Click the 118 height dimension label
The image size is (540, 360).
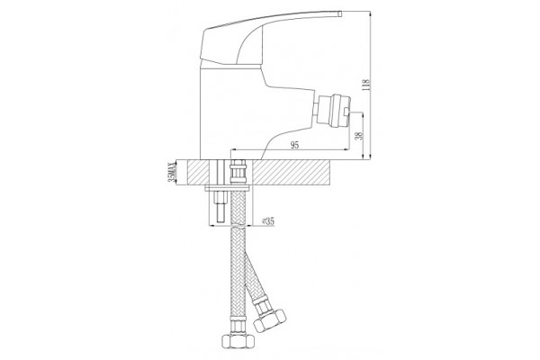365,85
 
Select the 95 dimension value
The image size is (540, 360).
294,146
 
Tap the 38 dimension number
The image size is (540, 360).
359,135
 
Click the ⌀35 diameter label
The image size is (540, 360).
268,221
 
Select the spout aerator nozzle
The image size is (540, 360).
333,111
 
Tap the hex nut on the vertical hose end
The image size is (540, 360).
237,341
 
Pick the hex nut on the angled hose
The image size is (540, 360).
269,319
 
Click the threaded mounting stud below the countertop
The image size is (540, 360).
220,207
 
